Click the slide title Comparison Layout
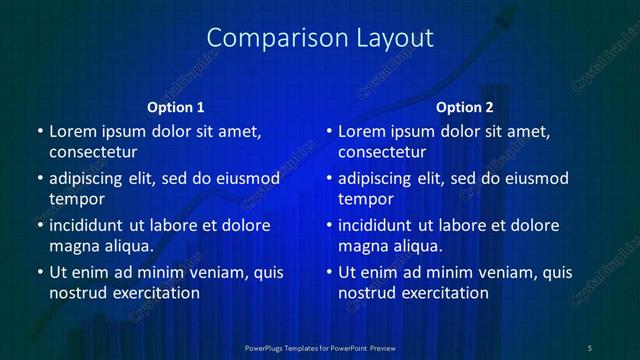coord(319,38)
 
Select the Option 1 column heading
coord(176,107)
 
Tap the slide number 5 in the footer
coord(590,347)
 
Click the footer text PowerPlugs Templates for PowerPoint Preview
coord(320,347)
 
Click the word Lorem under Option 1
coord(72,131)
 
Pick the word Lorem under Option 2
coord(362,131)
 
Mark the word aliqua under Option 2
coord(418,246)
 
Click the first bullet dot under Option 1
coord(39,131)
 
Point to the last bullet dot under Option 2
coord(329,272)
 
